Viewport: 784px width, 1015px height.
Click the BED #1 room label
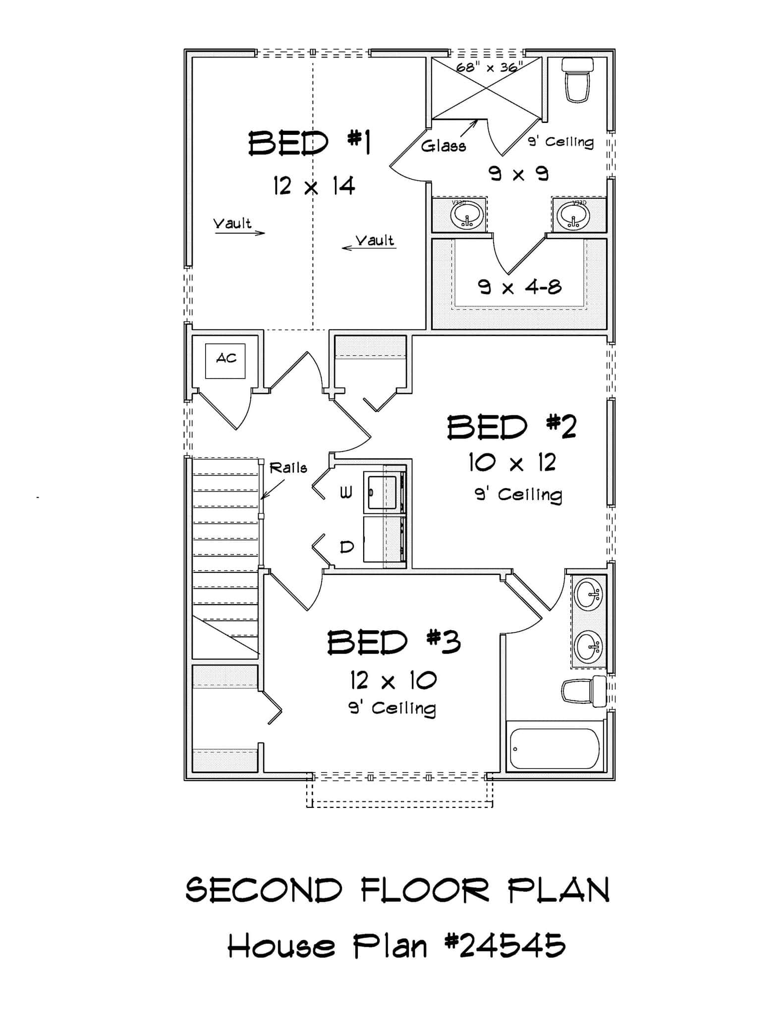coord(310,143)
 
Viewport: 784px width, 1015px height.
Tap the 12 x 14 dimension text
coord(314,186)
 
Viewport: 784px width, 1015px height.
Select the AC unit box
coord(225,361)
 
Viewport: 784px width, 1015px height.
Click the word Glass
coord(443,146)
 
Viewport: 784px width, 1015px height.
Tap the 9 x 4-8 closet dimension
coord(519,287)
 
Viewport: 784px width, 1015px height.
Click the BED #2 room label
coord(511,427)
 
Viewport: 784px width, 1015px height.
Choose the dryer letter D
coord(347,547)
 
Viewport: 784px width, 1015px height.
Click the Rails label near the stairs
coord(288,468)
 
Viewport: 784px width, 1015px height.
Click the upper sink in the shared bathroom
coord(589,592)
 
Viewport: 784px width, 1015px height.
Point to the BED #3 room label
coord(394,643)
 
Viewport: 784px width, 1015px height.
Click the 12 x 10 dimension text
coord(393,681)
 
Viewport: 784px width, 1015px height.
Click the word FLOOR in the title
coord(424,891)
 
